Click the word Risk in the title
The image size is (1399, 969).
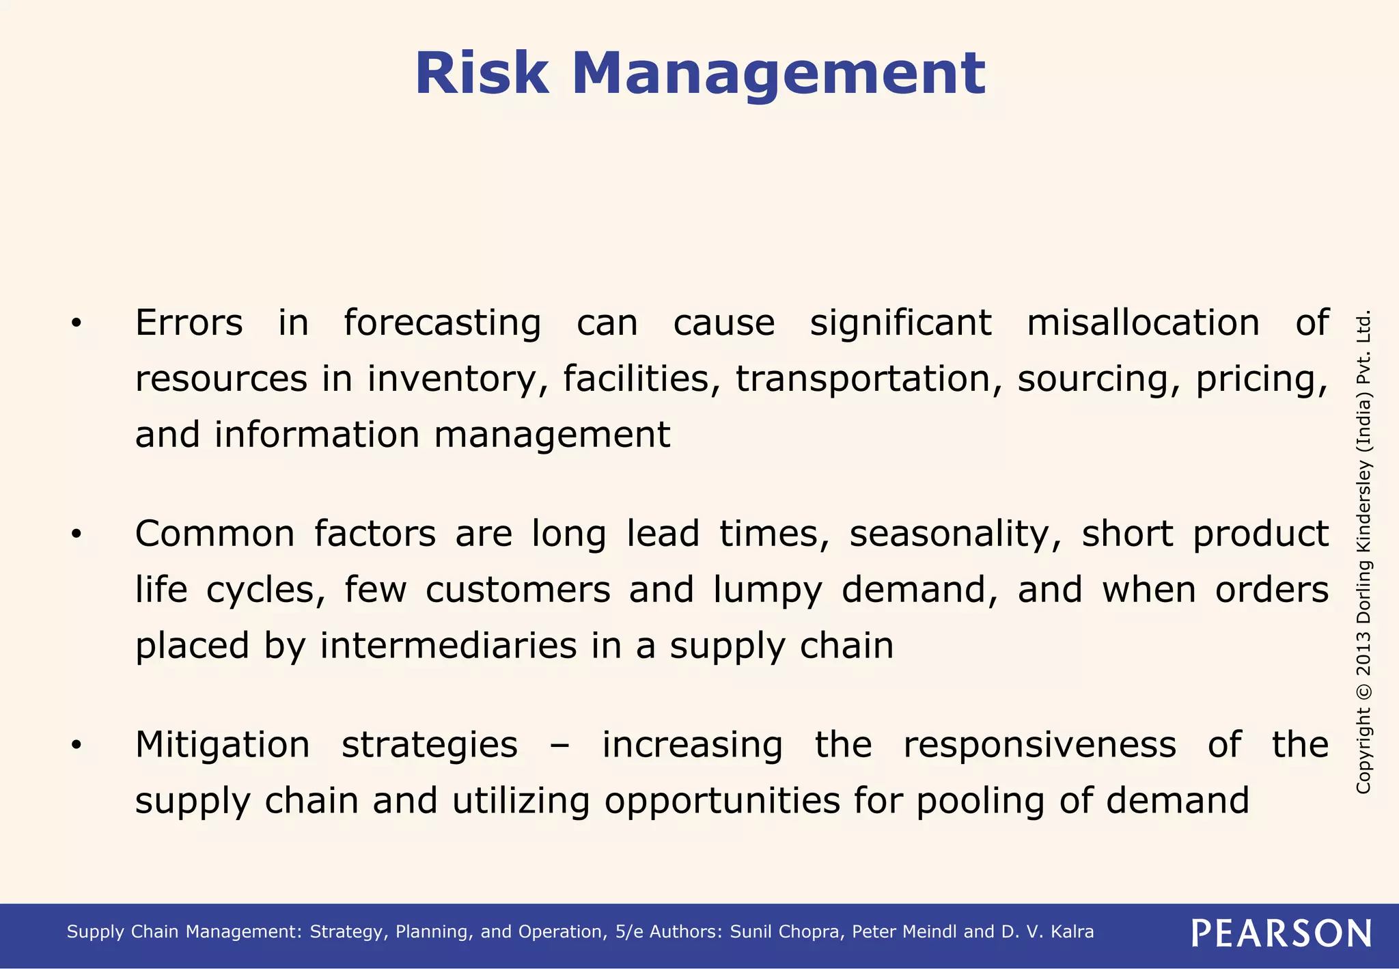482,74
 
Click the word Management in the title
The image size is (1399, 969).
778,74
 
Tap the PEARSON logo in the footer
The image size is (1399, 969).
1281,933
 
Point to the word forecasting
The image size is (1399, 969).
442,324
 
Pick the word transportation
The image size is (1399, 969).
868,379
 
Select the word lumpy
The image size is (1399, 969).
768,591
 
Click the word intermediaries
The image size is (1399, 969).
448,646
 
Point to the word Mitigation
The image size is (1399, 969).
222,745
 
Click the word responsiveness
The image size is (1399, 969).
1039,745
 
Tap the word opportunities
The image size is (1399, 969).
722,802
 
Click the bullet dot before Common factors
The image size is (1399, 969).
77,534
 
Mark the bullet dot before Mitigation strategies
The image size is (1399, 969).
77,745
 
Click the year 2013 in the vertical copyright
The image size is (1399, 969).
1363,655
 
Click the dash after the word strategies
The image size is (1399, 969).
559,746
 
